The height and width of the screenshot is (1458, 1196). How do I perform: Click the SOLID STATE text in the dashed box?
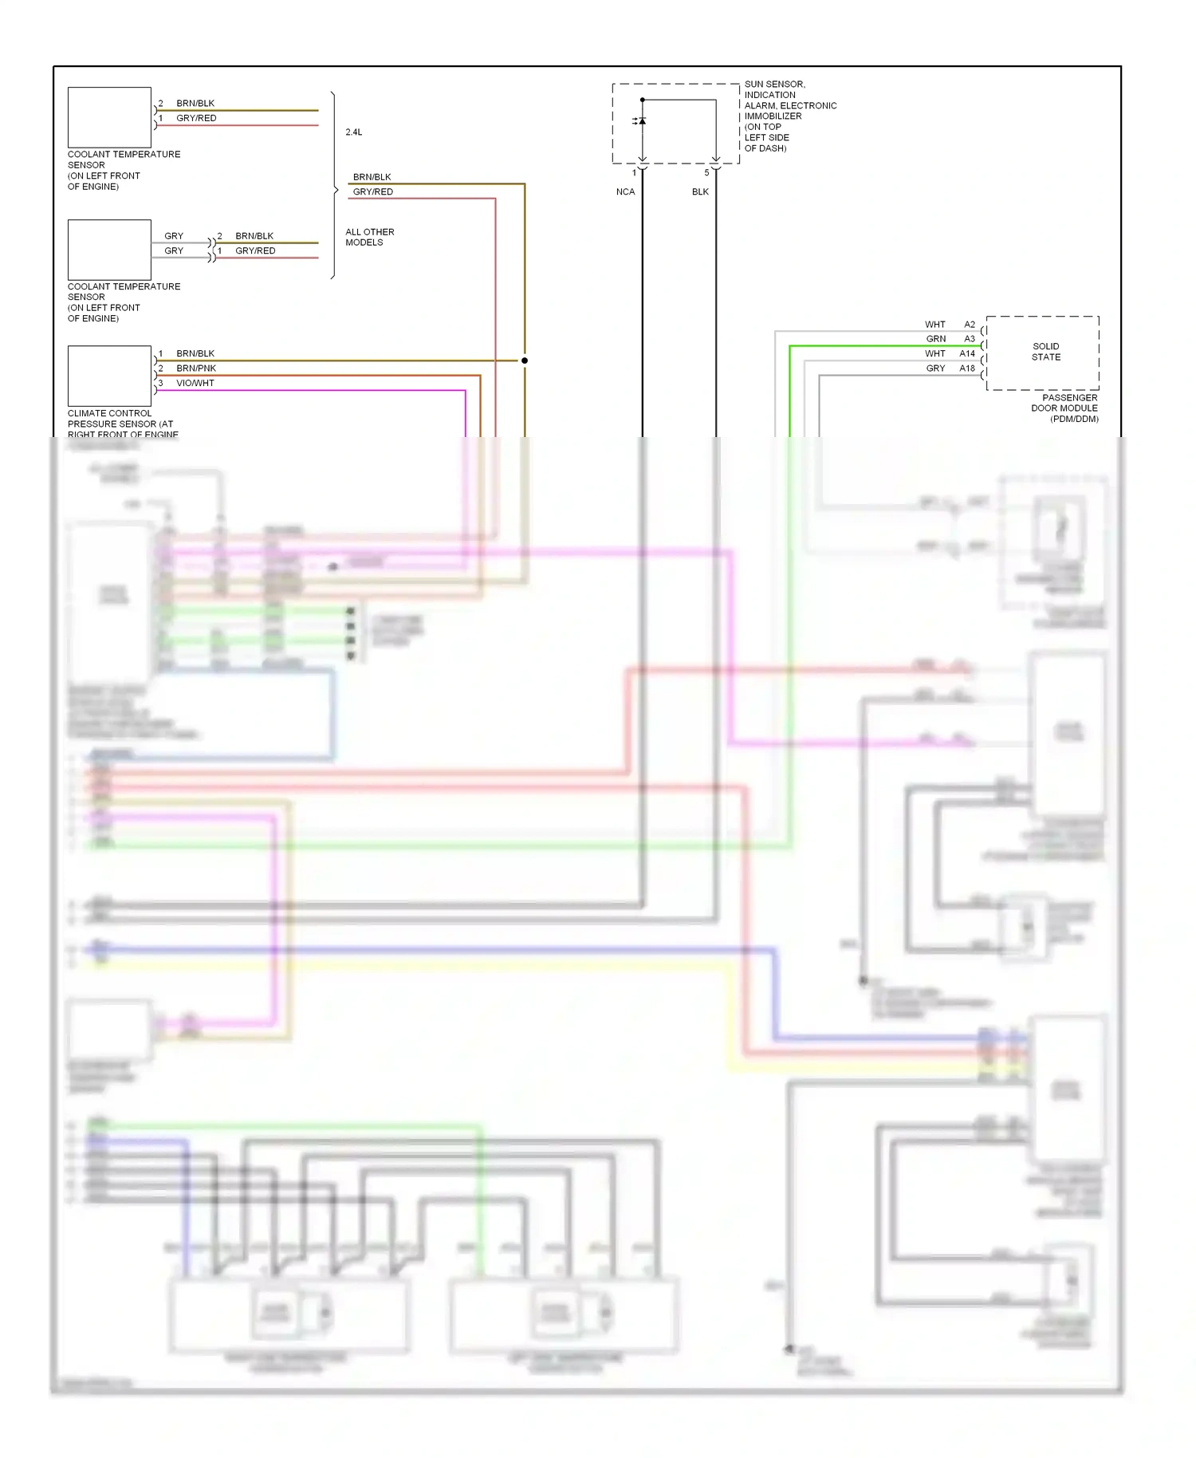pos(1045,352)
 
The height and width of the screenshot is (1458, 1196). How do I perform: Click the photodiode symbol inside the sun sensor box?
pos(642,121)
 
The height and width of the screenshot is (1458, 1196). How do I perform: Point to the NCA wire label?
pos(625,191)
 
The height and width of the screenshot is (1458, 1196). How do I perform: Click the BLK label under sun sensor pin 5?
pos(700,191)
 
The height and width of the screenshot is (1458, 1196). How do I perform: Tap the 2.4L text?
pos(353,132)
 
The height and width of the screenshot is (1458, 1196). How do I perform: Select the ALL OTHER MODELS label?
pos(369,237)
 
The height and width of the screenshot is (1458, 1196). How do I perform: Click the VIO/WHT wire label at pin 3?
pos(195,383)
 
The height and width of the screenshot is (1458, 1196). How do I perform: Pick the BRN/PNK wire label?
pos(196,368)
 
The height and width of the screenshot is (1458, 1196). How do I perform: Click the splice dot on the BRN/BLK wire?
pos(525,361)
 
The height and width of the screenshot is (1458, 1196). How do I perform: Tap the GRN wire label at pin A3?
pos(935,339)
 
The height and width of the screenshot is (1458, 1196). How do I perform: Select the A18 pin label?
pos(966,368)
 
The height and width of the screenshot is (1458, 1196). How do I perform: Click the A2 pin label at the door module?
pos(969,325)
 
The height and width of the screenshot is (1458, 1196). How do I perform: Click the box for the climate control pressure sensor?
pos(109,376)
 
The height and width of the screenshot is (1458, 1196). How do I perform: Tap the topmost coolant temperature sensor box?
pos(109,117)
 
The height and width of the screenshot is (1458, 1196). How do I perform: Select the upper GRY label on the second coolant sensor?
pos(174,236)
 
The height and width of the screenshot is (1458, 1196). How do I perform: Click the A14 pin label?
pos(966,353)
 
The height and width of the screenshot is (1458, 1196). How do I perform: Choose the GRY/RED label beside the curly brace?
pos(372,191)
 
